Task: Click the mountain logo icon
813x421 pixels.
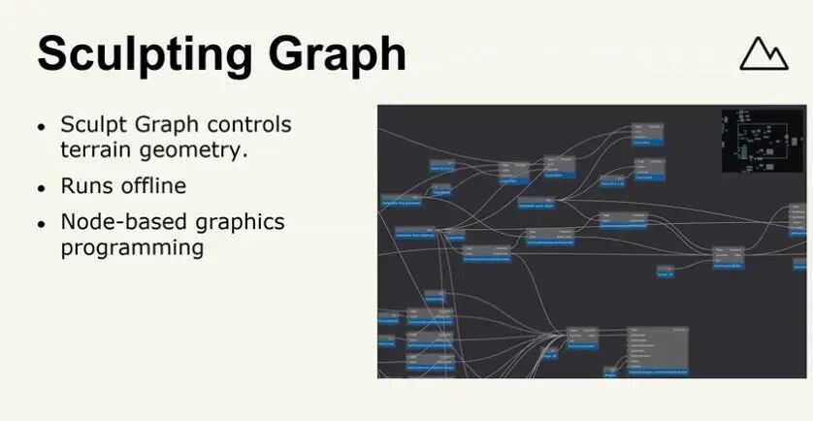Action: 764,53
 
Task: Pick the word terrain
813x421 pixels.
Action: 97,149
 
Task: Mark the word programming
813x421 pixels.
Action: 132,247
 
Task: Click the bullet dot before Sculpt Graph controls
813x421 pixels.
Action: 41,127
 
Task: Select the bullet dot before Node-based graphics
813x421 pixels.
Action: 41,223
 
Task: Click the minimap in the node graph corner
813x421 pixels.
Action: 763,141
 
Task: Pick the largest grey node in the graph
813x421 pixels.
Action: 658,350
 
